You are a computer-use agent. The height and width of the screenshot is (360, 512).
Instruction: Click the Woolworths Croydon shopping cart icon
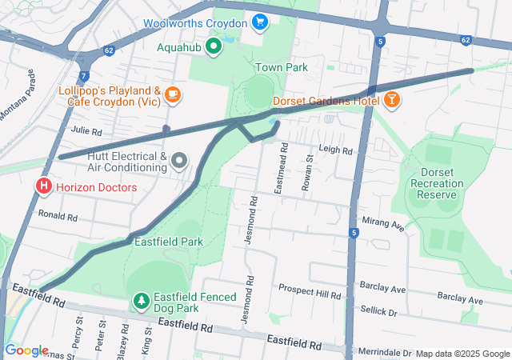259,22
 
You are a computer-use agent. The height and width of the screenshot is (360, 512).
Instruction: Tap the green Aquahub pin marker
213,47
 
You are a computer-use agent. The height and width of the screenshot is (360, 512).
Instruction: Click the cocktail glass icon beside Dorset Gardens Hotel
392,101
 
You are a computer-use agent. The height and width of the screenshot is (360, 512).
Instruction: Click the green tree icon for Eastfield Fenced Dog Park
141,302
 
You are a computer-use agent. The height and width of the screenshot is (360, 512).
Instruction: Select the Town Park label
282,68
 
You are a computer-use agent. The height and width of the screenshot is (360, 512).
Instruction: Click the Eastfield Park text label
168,241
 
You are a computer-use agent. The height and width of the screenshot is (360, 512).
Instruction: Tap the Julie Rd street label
86,131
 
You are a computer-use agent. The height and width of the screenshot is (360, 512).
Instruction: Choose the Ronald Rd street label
58,217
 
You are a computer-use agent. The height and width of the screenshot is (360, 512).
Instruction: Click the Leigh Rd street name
336,150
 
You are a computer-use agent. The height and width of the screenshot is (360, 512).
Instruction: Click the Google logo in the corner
26,350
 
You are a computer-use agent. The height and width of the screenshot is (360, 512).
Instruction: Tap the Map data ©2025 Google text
462,354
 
